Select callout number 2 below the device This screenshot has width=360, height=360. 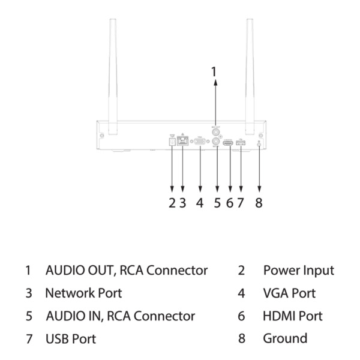coord(172,203)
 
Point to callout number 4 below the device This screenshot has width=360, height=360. coord(200,203)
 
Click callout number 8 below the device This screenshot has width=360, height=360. coord(259,203)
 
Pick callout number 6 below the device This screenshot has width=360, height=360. coord(229,203)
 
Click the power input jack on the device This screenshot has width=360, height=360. coord(172,142)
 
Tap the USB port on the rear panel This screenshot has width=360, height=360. coord(241,143)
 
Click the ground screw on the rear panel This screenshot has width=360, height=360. coord(259,143)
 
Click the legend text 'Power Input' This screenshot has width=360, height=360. coord(298,271)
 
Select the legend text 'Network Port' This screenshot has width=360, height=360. coord(83,293)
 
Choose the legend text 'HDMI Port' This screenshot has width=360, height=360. coord(292,316)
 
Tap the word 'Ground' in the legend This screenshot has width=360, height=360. coord(285,339)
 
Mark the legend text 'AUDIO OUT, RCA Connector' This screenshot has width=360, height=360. coord(127,271)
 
